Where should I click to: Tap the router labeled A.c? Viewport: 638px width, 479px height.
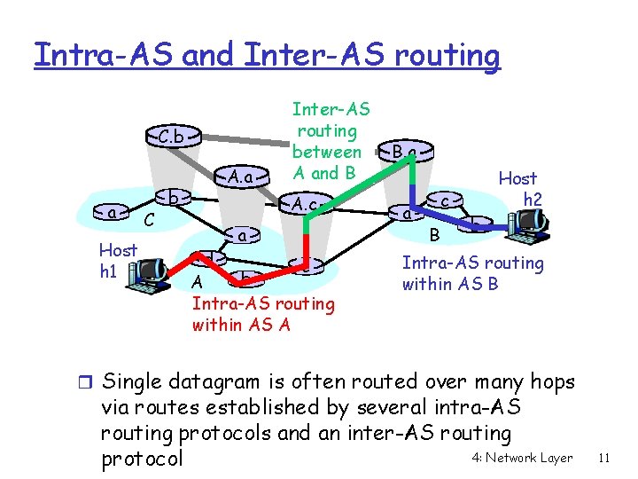[x=306, y=205]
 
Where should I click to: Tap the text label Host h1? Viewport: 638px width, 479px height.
[x=117, y=260]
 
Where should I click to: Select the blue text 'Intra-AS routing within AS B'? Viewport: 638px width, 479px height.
[x=472, y=273]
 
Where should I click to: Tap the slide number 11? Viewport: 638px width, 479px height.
[x=605, y=458]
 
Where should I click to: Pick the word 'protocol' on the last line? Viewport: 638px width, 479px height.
[x=143, y=459]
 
